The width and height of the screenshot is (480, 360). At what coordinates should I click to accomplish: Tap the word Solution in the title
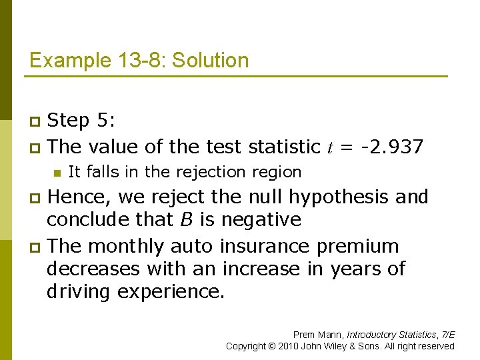tap(211, 61)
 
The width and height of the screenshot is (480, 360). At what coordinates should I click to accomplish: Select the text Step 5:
tap(82, 121)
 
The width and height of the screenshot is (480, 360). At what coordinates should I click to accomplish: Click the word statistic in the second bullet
tap(285, 147)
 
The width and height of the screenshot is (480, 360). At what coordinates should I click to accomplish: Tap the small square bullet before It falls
tap(57, 173)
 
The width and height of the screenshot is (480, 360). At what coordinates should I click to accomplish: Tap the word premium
tap(358, 247)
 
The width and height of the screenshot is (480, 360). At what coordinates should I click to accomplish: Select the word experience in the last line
tap(171, 292)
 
